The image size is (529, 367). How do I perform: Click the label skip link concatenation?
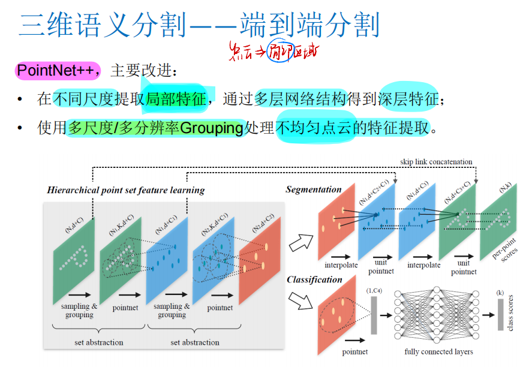coord(436,162)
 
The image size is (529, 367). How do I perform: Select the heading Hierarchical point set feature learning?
coord(125,190)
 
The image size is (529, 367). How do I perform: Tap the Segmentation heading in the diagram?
coord(314,189)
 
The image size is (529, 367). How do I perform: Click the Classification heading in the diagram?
coord(314,279)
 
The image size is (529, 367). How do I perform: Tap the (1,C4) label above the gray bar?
coord(374,291)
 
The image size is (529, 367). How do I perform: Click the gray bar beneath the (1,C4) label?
coord(374,315)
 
